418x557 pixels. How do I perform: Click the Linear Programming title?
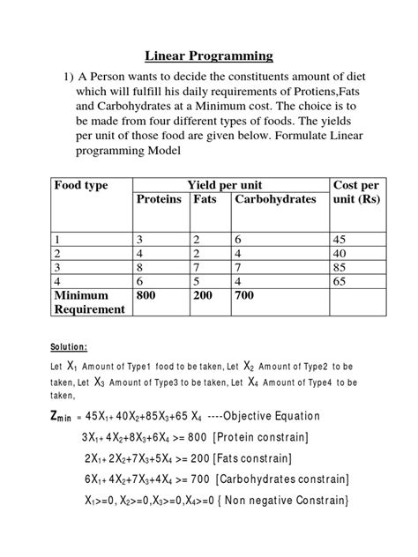click(x=209, y=56)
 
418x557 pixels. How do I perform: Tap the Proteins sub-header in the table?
click(x=159, y=200)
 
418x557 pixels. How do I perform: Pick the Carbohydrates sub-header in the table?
click(x=274, y=200)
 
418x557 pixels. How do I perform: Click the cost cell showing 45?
click(x=340, y=239)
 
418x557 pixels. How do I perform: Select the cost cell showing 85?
click(x=340, y=266)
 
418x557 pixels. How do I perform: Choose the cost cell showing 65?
click(x=340, y=280)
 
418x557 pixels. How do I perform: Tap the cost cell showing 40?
click(x=340, y=253)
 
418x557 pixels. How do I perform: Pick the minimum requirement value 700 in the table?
click(x=245, y=295)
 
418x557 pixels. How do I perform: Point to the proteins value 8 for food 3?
click(x=139, y=266)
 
